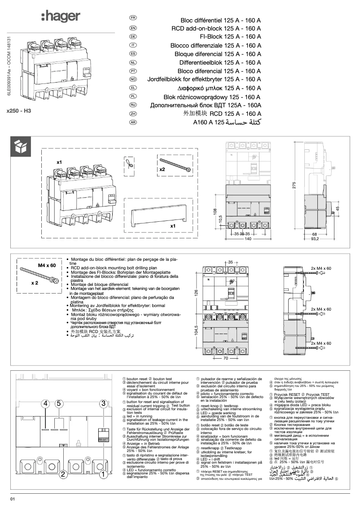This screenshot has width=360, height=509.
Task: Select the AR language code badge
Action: [133, 122]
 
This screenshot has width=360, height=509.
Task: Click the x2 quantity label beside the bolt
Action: [162, 170]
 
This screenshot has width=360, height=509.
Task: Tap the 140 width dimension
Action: [248, 239]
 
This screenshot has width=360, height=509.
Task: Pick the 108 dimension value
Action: [215, 211]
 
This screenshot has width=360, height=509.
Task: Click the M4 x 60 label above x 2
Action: [47, 266]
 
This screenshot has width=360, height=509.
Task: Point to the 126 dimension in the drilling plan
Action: [196, 292]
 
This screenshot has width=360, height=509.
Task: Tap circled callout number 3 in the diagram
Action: [104, 403]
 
